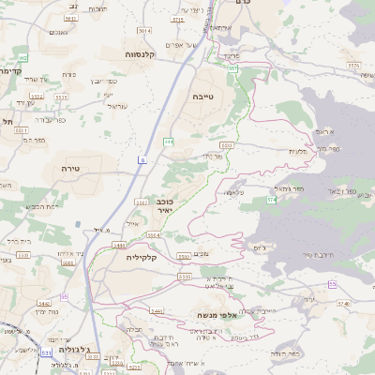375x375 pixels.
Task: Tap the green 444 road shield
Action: (x=169, y=142)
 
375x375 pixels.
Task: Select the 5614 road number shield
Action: (x=143, y=31)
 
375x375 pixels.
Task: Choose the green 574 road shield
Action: (x=271, y=200)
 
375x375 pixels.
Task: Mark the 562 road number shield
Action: (x=70, y=19)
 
